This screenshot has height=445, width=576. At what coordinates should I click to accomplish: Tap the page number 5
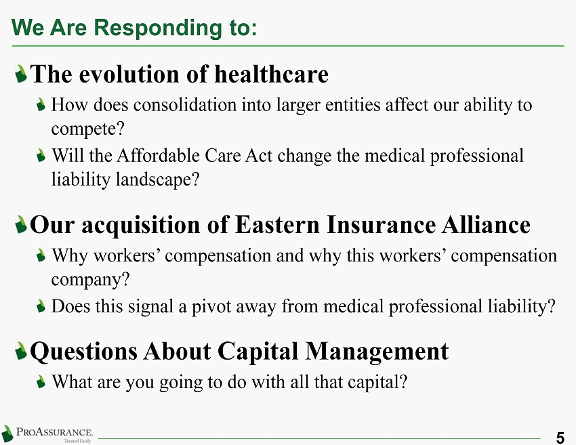point(560,438)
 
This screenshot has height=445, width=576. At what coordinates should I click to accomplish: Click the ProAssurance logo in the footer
point(47,434)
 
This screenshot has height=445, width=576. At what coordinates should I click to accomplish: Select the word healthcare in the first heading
point(271,75)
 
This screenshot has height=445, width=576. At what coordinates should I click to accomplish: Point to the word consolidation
point(185,104)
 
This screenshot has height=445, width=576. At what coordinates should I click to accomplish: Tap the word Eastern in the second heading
point(277,225)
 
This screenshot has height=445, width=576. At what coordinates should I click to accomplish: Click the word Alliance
point(486,225)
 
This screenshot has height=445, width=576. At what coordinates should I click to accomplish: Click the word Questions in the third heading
point(84,352)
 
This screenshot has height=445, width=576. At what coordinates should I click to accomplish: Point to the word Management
point(377,352)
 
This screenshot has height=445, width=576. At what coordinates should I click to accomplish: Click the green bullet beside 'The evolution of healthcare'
point(21,74)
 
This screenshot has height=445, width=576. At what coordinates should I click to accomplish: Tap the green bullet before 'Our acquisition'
point(21,224)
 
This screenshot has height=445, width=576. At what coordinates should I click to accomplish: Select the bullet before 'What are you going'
point(41,382)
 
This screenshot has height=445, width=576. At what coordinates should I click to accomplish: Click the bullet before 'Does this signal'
point(41,306)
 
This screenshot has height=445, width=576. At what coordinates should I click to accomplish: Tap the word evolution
point(130,75)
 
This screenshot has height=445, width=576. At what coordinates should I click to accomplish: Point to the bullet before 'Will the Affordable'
point(41,155)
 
